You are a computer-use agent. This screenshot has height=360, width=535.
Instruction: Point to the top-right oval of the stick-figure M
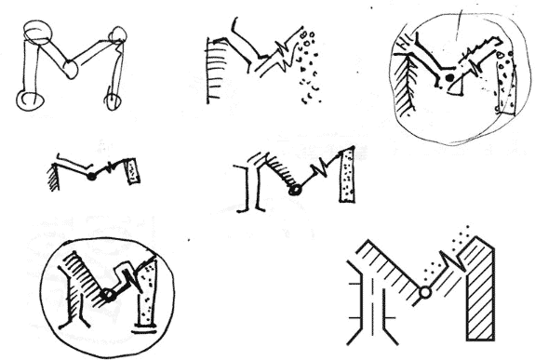click(x=117, y=37)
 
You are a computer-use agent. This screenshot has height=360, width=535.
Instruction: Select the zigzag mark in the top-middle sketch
click(x=276, y=61)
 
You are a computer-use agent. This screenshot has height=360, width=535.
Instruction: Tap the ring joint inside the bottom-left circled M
click(x=108, y=296)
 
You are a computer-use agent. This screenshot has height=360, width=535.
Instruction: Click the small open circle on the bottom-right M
click(x=424, y=293)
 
